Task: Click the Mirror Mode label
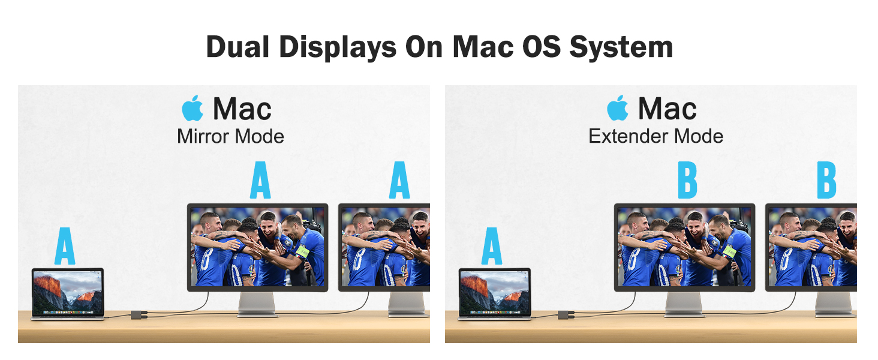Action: [230, 136]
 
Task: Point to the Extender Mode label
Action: [656, 136]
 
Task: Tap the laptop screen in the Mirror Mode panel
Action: [68, 292]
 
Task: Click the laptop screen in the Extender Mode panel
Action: [495, 292]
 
